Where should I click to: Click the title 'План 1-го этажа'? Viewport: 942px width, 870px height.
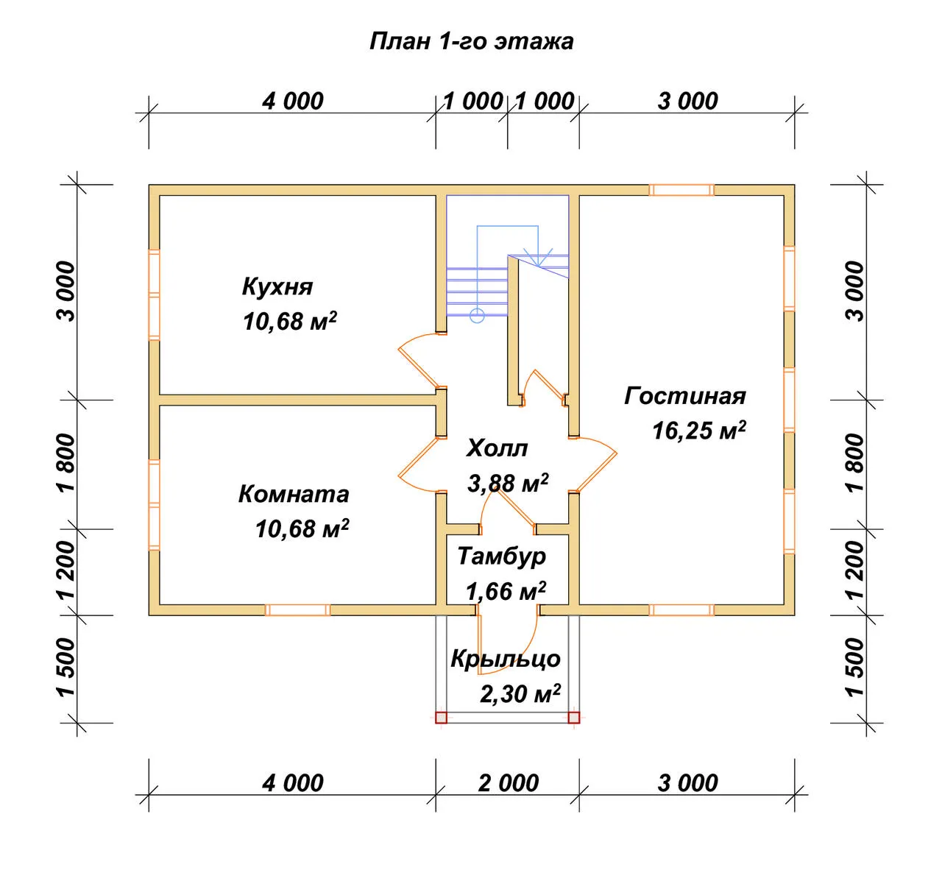coord(472,41)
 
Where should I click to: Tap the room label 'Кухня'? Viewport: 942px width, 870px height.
coord(277,286)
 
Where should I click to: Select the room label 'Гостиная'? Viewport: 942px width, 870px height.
coord(685,396)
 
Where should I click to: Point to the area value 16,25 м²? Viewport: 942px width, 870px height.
coord(699,431)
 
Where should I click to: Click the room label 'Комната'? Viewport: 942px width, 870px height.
coord(294,494)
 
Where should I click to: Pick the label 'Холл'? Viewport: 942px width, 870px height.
coord(497,448)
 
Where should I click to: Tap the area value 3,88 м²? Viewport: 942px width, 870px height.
coord(508,483)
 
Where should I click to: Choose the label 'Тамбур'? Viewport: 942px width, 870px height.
coord(502,556)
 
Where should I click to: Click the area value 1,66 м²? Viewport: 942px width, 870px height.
coord(506,591)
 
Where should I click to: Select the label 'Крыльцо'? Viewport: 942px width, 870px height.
coord(506,659)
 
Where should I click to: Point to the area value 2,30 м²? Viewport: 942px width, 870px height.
coord(520,693)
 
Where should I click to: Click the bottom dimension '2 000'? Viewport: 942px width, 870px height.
coord(508,783)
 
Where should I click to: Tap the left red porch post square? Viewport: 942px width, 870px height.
coord(441,717)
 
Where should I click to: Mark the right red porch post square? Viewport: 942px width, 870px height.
coord(574,717)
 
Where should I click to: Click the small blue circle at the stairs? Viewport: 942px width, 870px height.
coord(477,315)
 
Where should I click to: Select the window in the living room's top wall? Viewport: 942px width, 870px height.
coord(681,190)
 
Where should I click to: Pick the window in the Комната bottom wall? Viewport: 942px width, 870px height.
coord(297,610)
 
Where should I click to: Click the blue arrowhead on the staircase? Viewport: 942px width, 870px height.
coord(538,257)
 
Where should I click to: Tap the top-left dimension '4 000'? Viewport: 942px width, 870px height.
coord(293,102)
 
